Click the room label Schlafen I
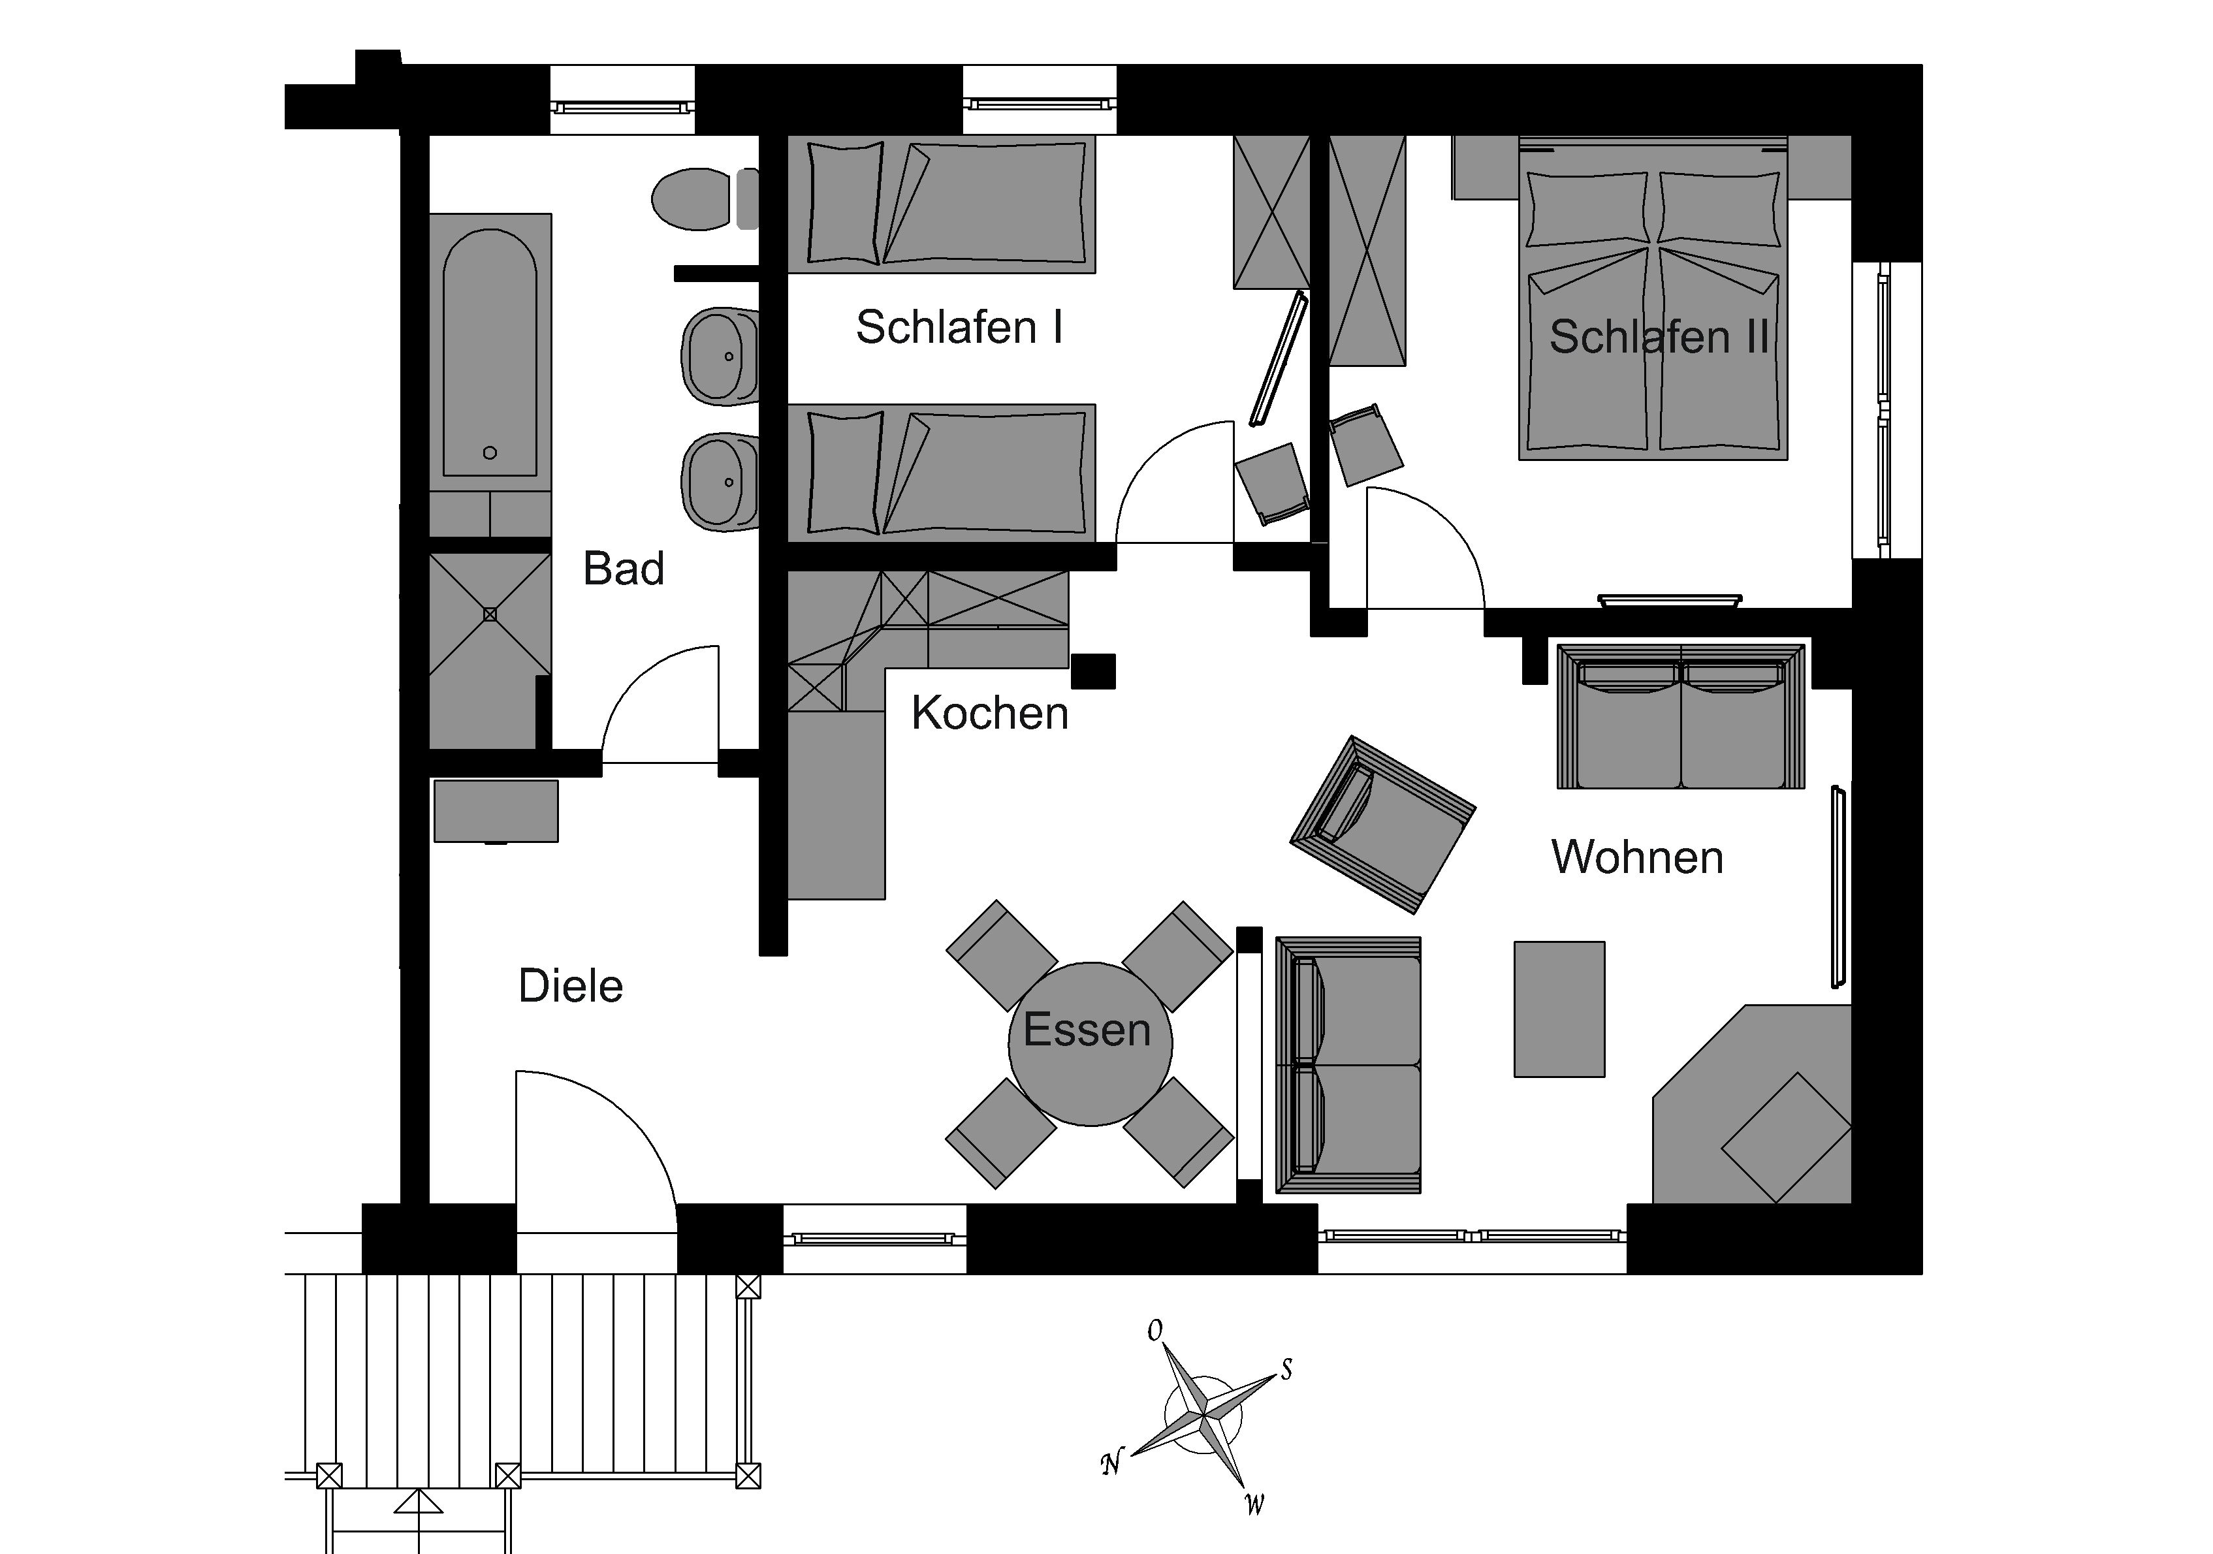959,328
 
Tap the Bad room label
624,569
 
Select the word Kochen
990,714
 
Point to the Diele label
571,986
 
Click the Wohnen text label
1636,857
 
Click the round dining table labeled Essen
1090,1043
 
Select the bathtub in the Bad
490,352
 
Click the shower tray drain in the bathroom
490,614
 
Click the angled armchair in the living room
1382,824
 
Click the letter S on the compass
1286,1369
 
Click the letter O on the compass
1154,1330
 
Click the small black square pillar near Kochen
1093,671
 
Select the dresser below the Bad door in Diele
496,812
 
